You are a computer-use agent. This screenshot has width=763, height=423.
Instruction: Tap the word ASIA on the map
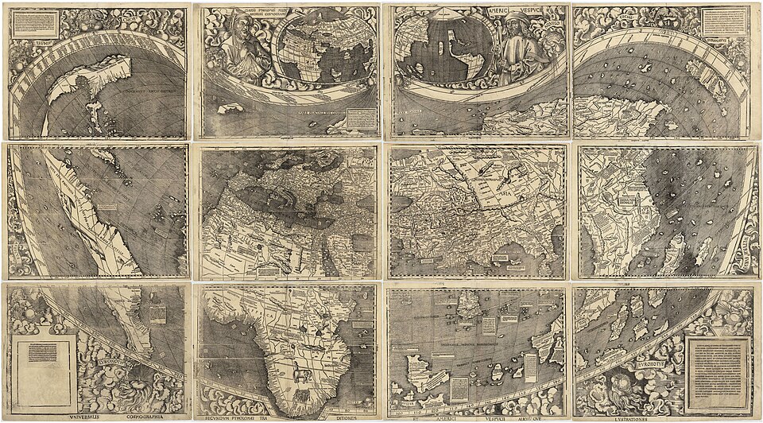(504, 192)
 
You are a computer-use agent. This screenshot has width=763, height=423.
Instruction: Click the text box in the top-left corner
(37, 23)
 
